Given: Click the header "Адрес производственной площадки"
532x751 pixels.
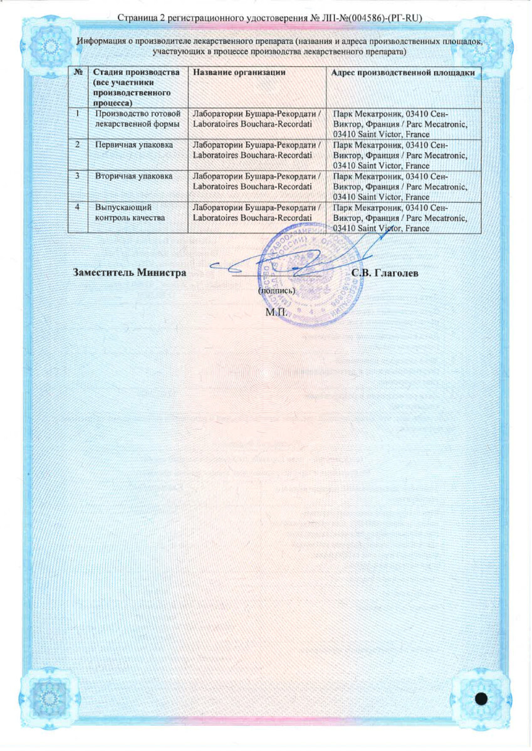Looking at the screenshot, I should point(404,73).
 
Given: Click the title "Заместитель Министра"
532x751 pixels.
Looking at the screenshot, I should point(130,273).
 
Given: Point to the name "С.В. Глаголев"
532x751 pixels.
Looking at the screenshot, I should point(385,273).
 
